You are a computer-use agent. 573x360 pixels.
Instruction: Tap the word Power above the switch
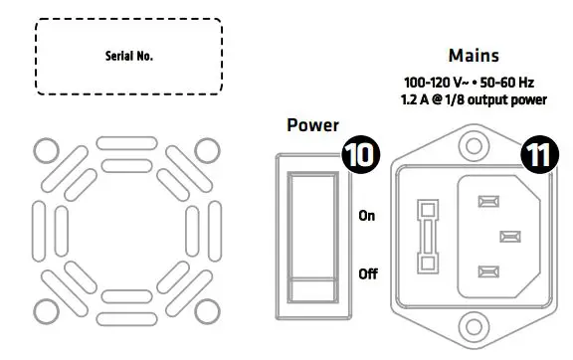coord(313,126)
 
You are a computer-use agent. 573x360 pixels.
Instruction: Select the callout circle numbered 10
coord(360,155)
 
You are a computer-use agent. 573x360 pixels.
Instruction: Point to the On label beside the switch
coord(367,215)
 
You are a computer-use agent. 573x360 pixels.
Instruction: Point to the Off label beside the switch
coord(367,272)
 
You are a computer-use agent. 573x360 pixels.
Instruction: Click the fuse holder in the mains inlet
coord(428,237)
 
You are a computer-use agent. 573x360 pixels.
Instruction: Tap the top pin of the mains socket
coord(487,202)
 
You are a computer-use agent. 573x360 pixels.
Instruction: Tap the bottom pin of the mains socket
coord(487,270)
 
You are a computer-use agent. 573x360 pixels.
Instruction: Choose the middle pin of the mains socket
coord(510,237)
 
